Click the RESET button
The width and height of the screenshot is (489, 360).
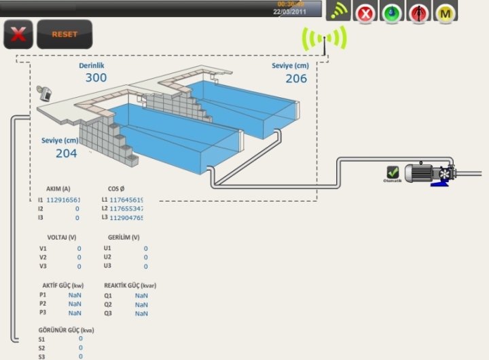click(x=64, y=34)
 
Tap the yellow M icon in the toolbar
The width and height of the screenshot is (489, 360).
click(x=445, y=12)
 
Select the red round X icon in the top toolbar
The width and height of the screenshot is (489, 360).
click(x=365, y=12)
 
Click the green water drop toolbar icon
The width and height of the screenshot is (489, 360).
click(x=392, y=12)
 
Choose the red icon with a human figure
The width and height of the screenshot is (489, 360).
click(x=418, y=12)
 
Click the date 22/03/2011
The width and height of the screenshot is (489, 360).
click(x=289, y=12)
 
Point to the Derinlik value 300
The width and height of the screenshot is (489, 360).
click(x=96, y=77)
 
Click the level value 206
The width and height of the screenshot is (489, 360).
click(x=295, y=78)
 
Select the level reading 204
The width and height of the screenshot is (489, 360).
click(x=66, y=153)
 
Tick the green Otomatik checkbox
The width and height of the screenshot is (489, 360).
click(x=393, y=173)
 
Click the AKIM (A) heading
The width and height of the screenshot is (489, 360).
click(x=58, y=189)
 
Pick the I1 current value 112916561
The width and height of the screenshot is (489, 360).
click(x=63, y=200)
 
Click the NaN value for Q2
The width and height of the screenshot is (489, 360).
click(x=141, y=304)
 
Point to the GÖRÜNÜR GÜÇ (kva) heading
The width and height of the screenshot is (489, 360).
click(x=66, y=330)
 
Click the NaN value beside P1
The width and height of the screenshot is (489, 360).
click(x=75, y=295)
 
